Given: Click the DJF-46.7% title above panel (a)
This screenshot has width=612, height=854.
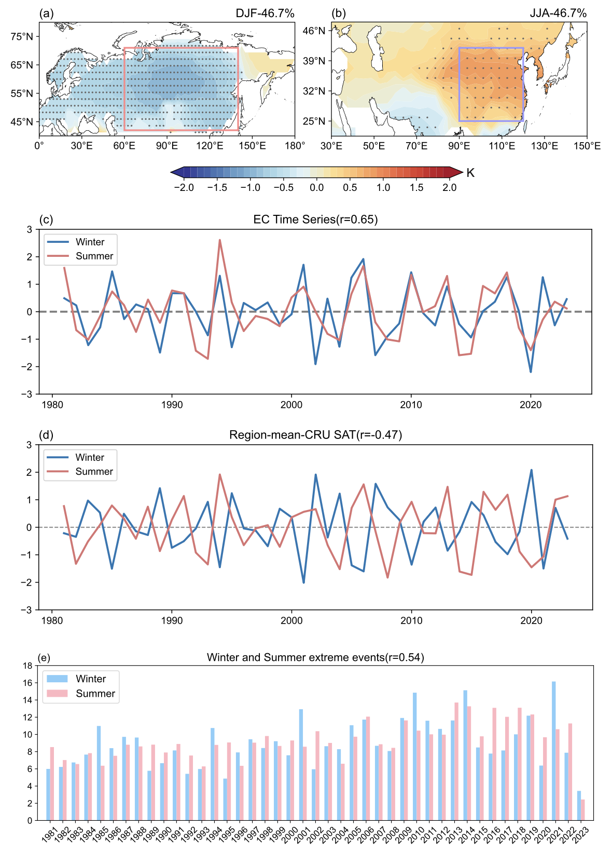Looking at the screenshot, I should (265, 13).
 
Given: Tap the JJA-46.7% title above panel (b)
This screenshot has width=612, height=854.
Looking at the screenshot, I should (558, 13).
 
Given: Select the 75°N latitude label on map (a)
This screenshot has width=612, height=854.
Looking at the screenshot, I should (22, 36).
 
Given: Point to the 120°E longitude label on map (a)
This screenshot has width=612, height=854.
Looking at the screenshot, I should (210, 146).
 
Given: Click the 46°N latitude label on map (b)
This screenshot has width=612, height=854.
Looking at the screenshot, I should (314, 31).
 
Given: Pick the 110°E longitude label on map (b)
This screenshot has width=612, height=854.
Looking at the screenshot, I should (502, 146).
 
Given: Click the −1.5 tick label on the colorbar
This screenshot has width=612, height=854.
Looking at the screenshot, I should (217, 188).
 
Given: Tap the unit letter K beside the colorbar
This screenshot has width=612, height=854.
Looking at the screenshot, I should (470, 173).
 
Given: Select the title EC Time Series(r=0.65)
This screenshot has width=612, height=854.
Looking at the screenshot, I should (315, 219).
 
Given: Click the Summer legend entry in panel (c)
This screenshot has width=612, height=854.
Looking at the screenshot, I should (94, 256).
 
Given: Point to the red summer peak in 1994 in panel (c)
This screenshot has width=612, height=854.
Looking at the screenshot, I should (220, 240).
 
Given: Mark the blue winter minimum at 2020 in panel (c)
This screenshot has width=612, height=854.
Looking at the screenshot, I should (531, 371).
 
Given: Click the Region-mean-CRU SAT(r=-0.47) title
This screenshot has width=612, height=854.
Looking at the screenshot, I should (315, 435).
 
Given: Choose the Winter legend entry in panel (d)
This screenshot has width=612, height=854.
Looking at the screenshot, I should (89, 458).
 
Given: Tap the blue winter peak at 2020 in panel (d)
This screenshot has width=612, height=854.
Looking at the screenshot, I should (531, 470).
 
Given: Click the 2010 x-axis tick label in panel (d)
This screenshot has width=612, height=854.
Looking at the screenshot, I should (411, 621).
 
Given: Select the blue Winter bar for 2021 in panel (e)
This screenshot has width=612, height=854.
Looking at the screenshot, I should (554, 751).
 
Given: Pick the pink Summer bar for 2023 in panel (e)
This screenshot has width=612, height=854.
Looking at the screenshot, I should (583, 810).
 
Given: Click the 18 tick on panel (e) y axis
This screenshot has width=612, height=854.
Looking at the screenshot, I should (27, 666).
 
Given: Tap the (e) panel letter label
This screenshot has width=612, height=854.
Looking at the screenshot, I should (44, 658).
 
